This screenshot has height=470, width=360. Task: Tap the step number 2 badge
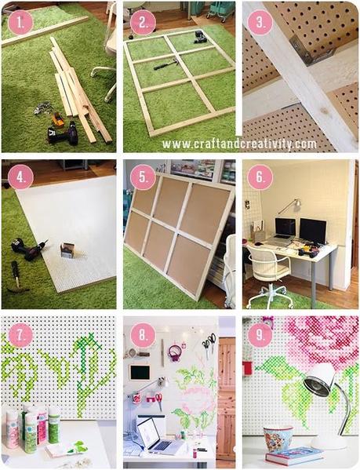[142, 21]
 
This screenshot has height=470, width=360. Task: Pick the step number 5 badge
[142, 178]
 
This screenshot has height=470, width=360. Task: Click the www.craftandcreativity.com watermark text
[239, 144]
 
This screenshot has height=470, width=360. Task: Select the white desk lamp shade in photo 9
[318, 383]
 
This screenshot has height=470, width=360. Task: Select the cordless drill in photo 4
[29, 250]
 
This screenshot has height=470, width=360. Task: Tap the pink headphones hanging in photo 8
[174, 352]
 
